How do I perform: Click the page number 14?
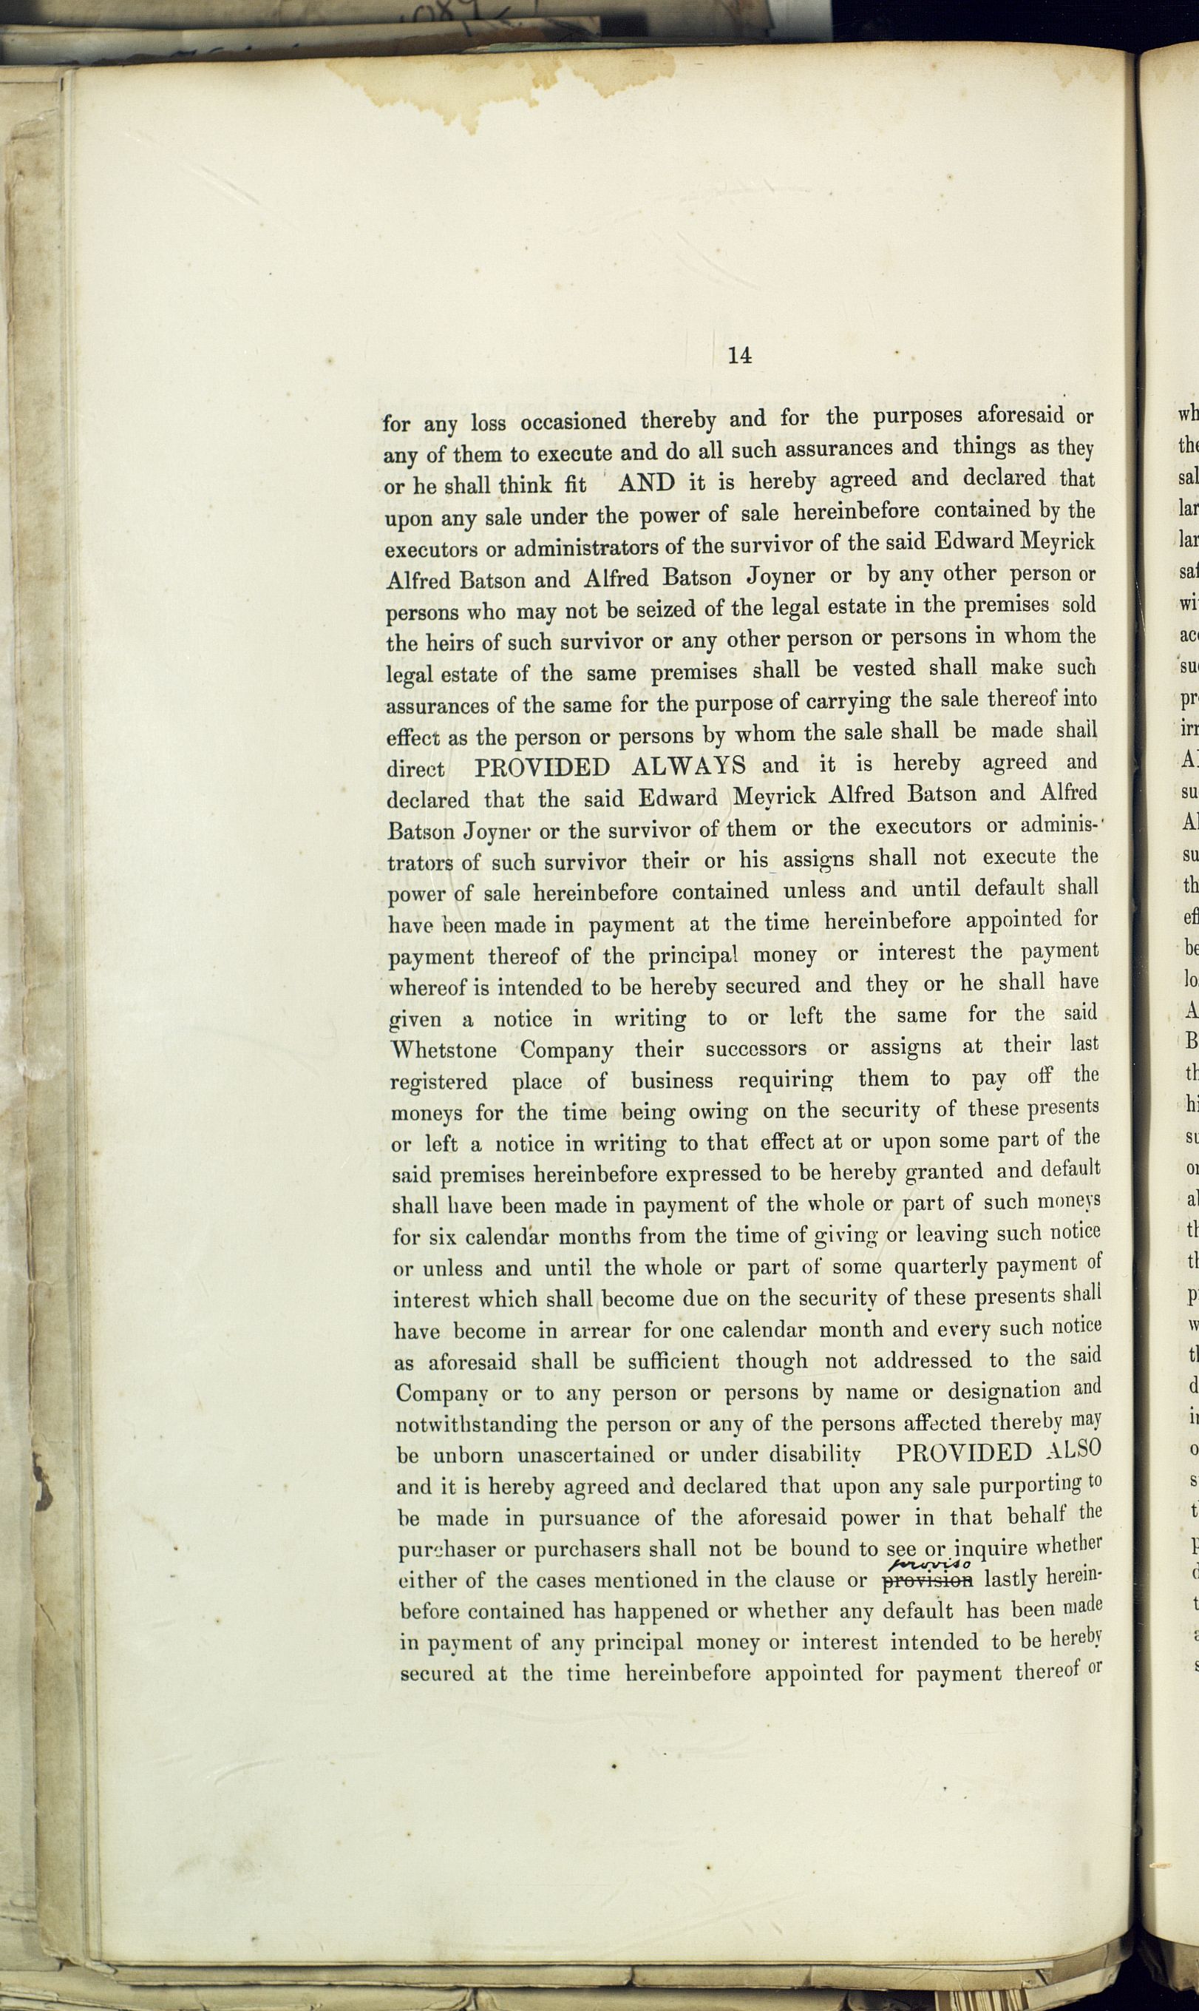(739, 355)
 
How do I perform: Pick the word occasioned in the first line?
(573, 421)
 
